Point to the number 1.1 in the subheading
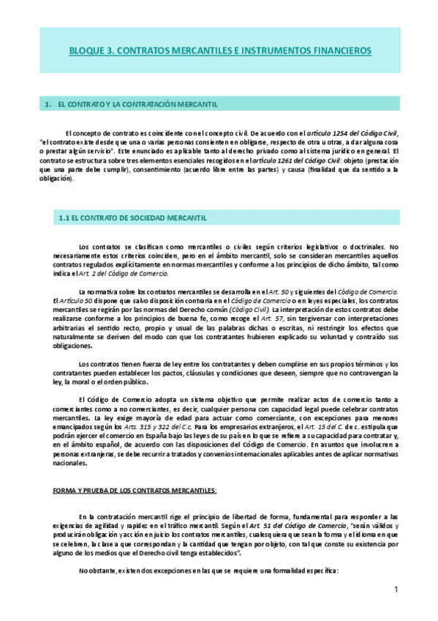(64, 218)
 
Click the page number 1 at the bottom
(395, 590)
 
